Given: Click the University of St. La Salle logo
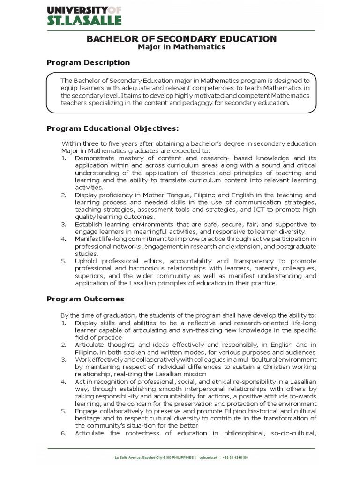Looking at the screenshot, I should (84, 15).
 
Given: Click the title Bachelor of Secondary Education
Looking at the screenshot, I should (181, 38).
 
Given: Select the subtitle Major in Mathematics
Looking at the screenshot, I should (181, 47).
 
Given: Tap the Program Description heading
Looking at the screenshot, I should (89, 62).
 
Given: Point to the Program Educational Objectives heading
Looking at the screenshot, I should (112, 128).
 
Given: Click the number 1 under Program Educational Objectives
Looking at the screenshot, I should (64, 158).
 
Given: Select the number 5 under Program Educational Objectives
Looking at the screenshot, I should (64, 260).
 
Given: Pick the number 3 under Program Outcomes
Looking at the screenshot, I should (64, 359).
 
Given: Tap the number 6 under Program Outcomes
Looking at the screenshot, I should (64, 433).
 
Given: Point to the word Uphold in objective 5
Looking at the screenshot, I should (85, 260).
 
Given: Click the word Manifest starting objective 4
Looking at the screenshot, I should (87, 239).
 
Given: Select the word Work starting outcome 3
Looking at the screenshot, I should (82, 359).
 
